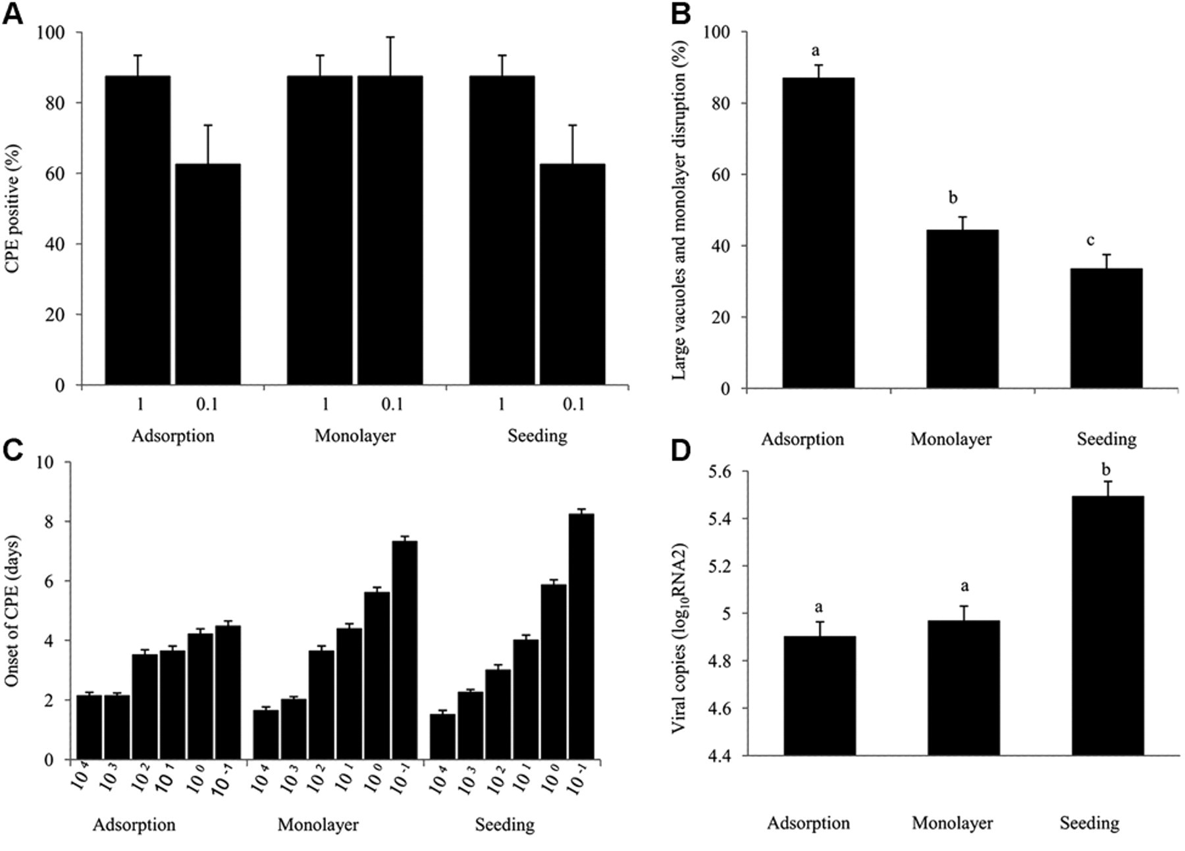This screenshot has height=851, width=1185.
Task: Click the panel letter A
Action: pyautogui.click(x=13, y=13)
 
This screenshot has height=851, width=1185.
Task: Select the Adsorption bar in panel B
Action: pyautogui.click(x=818, y=233)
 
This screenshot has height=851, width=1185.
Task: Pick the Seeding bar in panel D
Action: pyautogui.click(x=1108, y=625)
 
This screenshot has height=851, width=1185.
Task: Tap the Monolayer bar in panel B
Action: pyautogui.click(x=962, y=309)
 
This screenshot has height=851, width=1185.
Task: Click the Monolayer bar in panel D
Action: pyautogui.click(x=964, y=688)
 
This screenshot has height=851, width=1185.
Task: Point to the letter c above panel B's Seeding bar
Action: pyautogui.click(x=1090, y=240)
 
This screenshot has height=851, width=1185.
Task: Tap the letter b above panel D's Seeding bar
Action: pyautogui.click(x=1106, y=470)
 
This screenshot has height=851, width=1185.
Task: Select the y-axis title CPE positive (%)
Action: pyautogui.click(x=13, y=209)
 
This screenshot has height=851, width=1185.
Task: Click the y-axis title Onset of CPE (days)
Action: pyautogui.click(x=13, y=611)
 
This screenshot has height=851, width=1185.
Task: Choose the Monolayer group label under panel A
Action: pyautogui.click(x=355, y=435)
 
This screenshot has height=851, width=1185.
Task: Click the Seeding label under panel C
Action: pyautogui.click(x=505, y=825)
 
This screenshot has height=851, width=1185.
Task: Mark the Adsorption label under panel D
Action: pyautogui.click(x=808, y=823)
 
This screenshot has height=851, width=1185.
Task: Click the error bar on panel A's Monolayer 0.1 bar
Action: pyautogui.click(x=390, y=57)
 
